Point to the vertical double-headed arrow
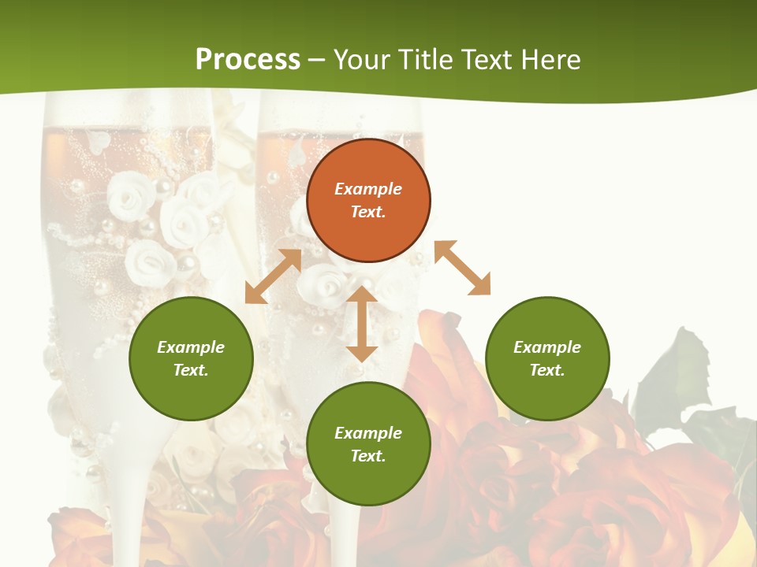[362, 324]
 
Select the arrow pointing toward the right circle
[463, 269]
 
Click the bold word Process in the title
[248, 59]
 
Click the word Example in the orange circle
[368, 189]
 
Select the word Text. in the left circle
[191, 370]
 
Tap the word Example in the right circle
[547, 347]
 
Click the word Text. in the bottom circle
[368, 456]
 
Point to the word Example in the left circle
[191, 347]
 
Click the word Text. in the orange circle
[368, 212]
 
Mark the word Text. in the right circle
[547, 370]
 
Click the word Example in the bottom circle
[368, 433]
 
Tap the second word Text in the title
[486, 59]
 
